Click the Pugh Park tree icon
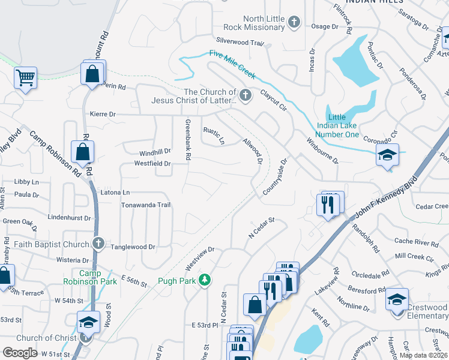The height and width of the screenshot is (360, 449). (x=205, y=280)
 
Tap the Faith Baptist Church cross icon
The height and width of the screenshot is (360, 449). (x=98, y=244)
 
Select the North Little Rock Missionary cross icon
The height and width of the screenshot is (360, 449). (x=294, y=23)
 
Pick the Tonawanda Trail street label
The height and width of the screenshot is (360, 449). (x=146, y=205)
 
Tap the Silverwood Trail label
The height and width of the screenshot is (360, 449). (x=240, y=43)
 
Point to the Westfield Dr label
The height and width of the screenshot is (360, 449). (x=152, y=163)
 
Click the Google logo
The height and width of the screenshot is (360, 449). (x=20, y=353)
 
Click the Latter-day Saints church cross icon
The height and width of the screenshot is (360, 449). (x=245, y=95)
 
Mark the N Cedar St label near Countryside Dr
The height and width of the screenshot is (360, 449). (x=262, y=228)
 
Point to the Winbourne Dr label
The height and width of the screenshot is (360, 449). (x=323, y=152)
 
